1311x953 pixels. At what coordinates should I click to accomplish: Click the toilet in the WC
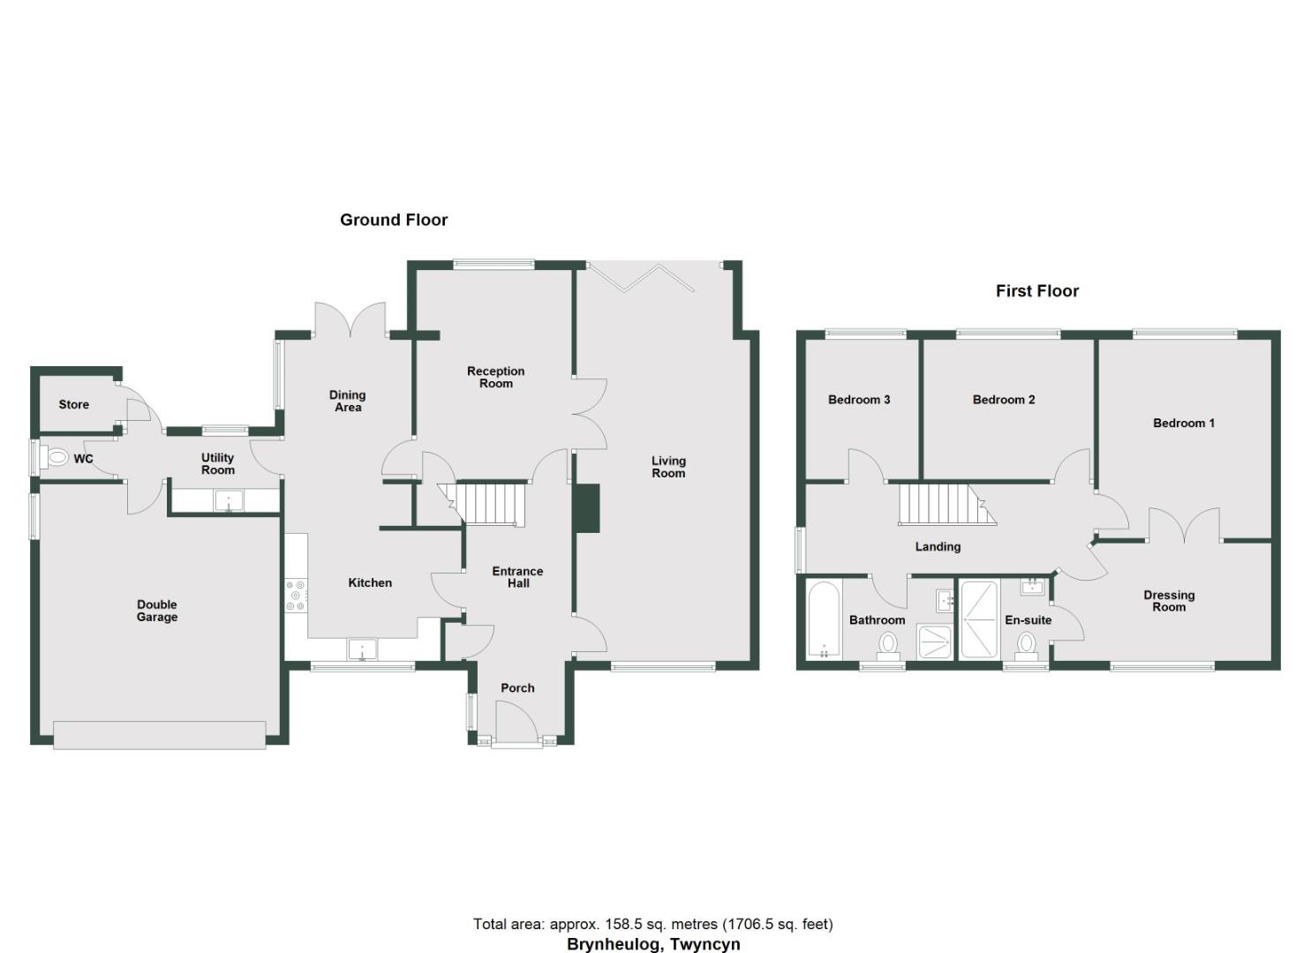(57, 458)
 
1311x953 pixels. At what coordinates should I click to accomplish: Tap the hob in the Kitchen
(296, 595)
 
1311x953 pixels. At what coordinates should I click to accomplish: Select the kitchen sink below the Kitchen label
(363, 650)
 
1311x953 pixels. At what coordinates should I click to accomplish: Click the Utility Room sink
(229, 500)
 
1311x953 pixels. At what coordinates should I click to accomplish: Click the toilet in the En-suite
(1026, 644)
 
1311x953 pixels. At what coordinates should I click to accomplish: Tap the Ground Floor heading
(394, 220)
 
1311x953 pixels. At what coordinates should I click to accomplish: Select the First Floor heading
(1037, 290)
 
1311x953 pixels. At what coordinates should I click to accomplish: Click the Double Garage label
(157, 611)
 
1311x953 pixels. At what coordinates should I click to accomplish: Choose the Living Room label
(668, 467)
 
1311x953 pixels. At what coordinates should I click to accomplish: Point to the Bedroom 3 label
(859, 400)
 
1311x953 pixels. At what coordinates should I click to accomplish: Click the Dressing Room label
(1169, 601)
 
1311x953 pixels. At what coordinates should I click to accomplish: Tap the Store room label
(74, 404)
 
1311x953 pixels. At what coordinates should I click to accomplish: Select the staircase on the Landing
(943, 504)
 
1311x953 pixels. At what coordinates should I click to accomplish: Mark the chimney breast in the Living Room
(586, 508)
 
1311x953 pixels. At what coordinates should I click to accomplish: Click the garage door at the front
(160, 735)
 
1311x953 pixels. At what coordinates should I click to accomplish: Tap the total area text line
(653, 924)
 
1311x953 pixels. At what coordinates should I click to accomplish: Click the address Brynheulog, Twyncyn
(653, 944)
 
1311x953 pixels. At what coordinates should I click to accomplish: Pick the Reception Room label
(496, 377)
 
